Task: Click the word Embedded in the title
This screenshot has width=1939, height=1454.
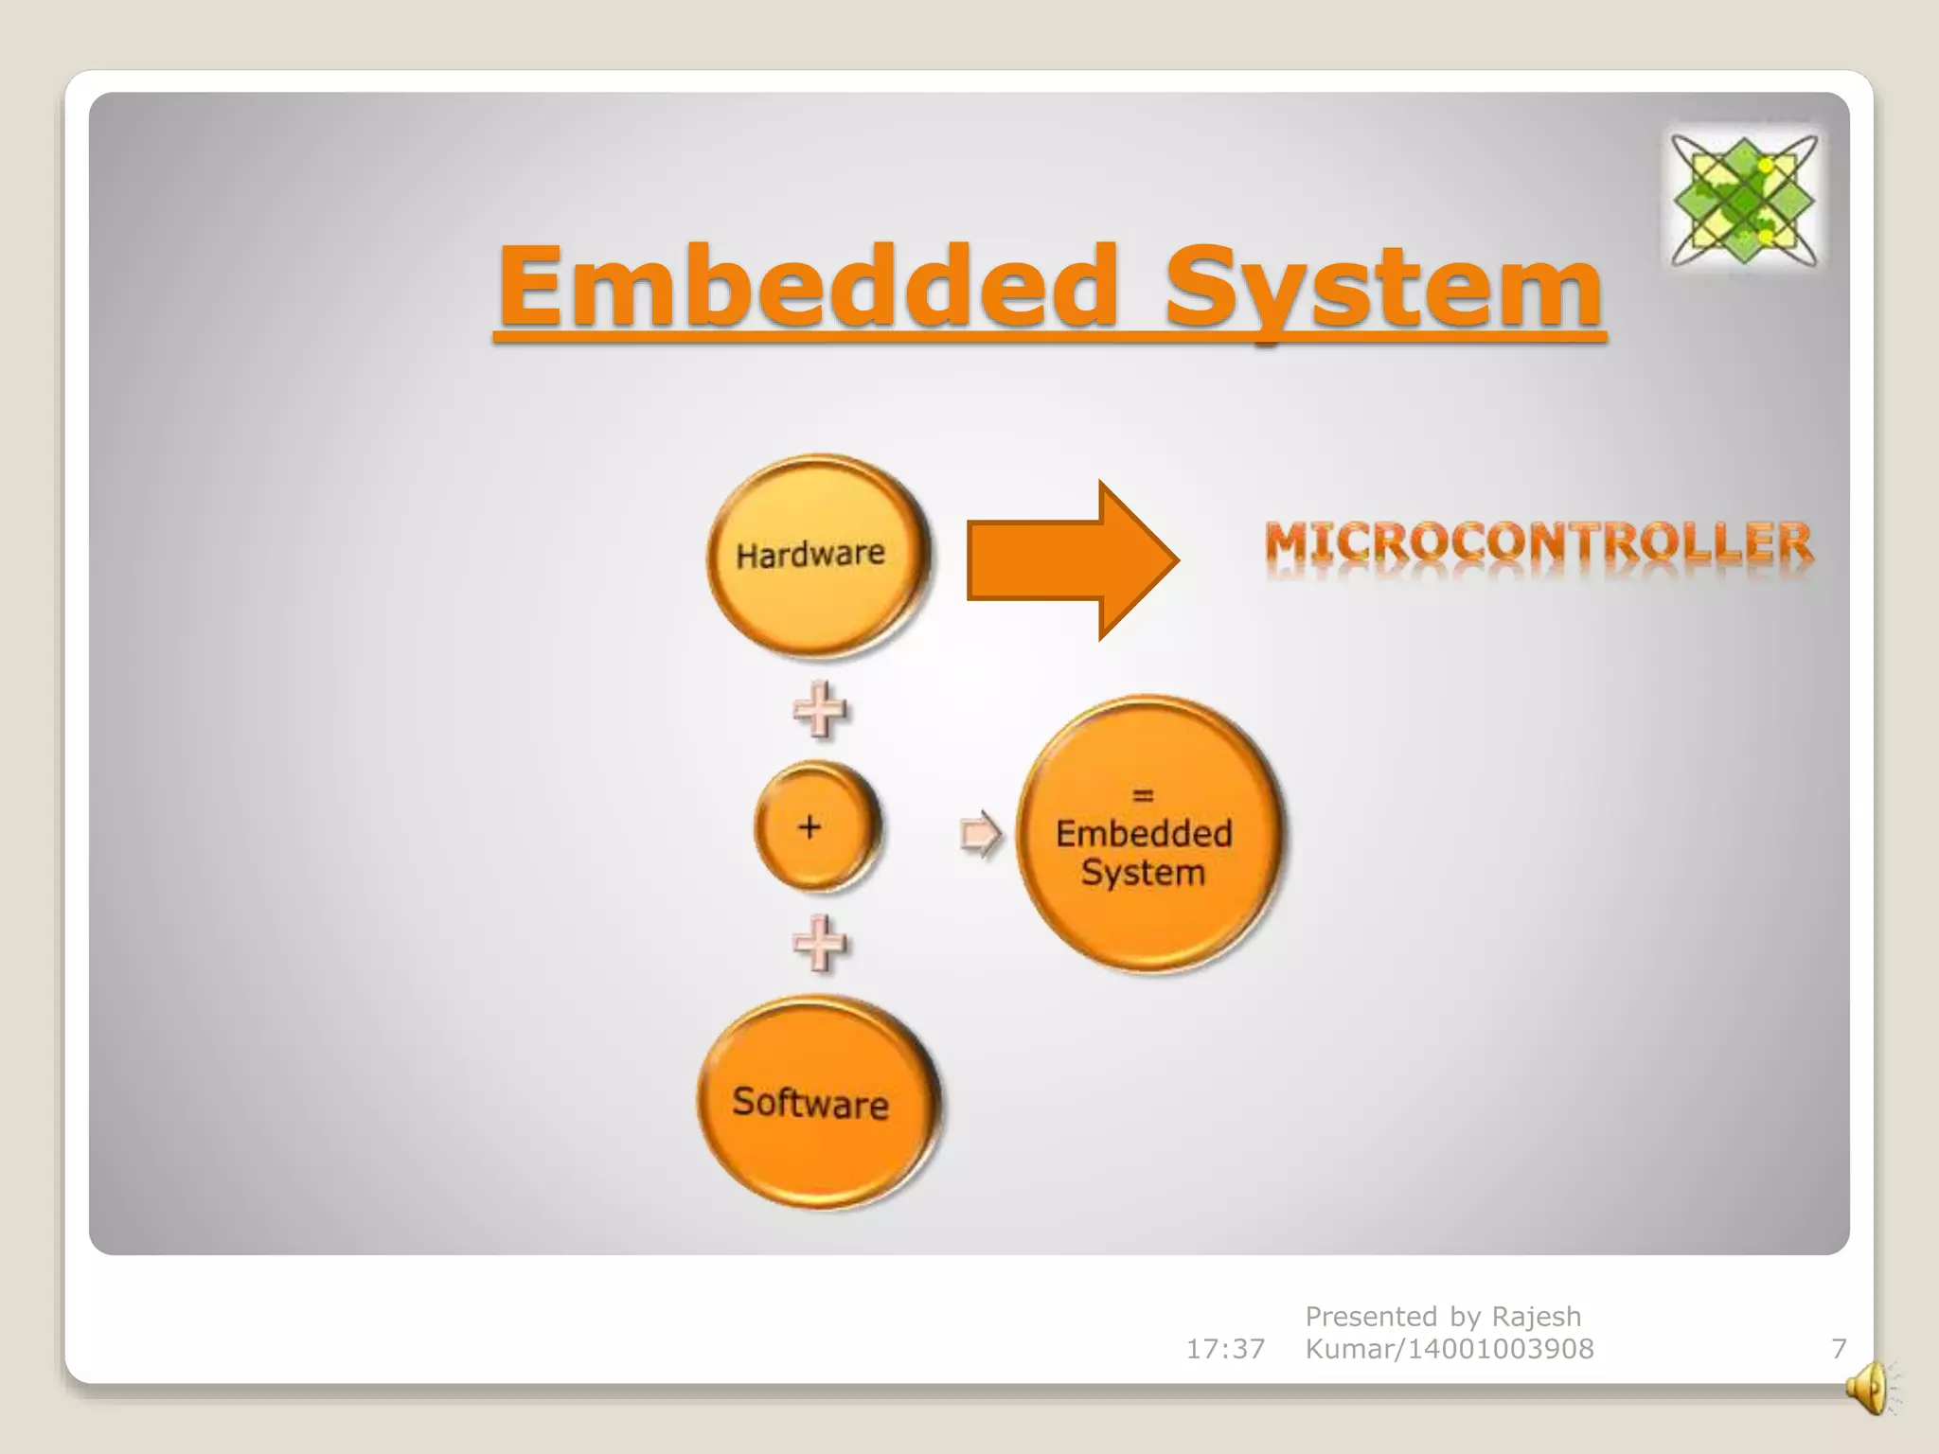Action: click(809, 286)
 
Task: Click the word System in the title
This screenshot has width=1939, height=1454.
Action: click(1382, 286)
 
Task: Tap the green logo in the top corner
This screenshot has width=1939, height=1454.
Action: click(1743, 200)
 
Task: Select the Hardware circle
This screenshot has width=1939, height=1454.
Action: click(816, 556)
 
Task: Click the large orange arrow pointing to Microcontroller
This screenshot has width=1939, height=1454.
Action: click(1072, 560)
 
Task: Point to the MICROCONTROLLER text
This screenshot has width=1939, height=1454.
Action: click(1539, 544)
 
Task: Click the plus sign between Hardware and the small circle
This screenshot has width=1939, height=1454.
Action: click(819, 710)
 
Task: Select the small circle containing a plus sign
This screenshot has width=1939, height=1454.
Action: click(816, 828)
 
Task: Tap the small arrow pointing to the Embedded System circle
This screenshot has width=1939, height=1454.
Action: click(980, 834)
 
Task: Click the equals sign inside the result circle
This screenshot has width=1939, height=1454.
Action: click(1144, 796)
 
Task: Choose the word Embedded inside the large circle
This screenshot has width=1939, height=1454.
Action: click(1144, 834)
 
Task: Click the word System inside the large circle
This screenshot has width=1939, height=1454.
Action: click(1144, 873)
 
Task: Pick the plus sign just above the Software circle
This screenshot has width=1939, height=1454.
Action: click(819, 943)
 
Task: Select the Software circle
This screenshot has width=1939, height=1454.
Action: click(816, 1103)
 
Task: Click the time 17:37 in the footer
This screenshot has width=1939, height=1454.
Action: click(1225, 1349)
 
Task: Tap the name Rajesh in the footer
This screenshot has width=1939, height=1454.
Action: click(1536, 1317)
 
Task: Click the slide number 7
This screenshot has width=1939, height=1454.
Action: click(1839, 1349)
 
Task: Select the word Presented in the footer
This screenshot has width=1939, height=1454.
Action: click(1371, 1317)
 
